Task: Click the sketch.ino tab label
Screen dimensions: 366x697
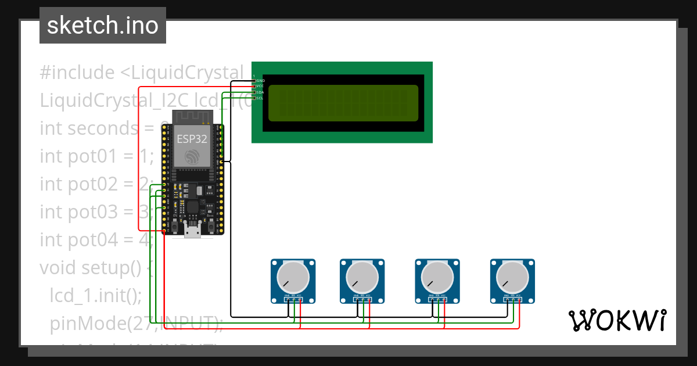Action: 103,26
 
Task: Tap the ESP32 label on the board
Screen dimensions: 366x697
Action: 191,139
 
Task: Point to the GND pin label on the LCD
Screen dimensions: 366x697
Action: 261,80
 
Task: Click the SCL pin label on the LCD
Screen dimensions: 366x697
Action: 260,98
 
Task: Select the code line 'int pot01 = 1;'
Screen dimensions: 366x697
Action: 96,156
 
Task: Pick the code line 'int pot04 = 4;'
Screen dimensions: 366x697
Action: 96,239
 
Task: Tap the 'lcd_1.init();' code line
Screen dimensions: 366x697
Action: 96,295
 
